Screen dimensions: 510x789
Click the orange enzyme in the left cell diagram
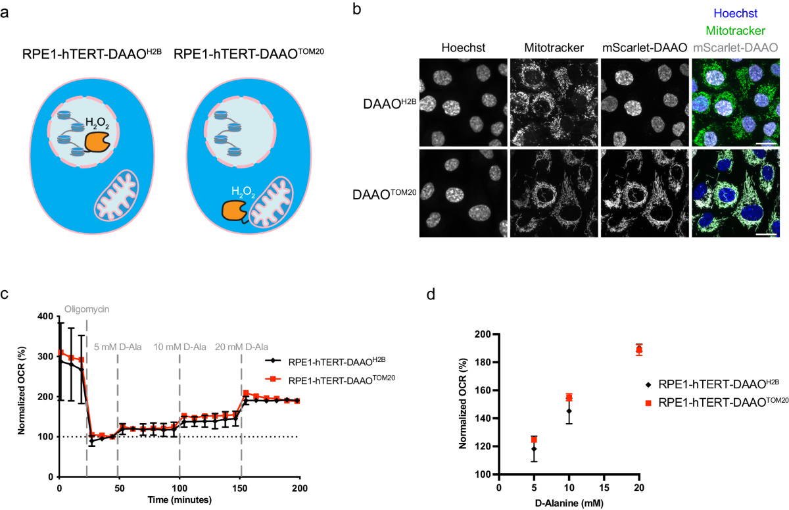tap(98, 140)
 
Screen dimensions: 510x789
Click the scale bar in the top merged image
tap(767, 142)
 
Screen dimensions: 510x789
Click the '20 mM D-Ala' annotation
tap(241, 347)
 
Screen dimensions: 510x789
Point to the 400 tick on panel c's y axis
tap(45, 316)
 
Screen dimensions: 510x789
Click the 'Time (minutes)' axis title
tap(178, 500)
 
